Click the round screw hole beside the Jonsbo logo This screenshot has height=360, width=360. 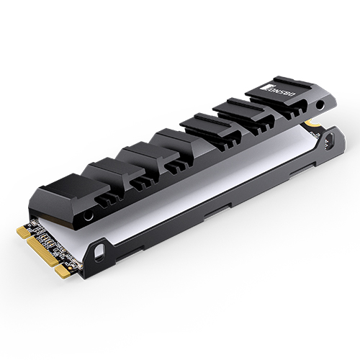[x=320, y=105]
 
